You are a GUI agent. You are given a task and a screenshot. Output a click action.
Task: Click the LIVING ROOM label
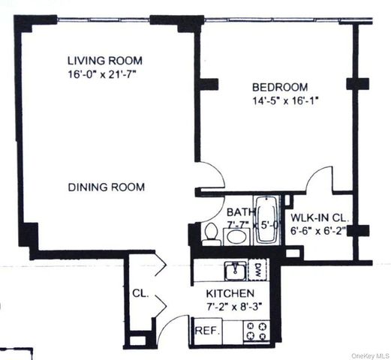click(105, 61)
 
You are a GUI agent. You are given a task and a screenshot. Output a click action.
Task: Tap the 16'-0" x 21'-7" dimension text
click(103, 75)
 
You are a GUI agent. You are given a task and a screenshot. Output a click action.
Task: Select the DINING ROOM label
click(107, 187)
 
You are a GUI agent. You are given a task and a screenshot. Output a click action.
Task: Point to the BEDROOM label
click(280, 87)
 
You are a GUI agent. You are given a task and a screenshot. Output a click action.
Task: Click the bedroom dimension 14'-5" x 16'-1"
click(285, 101)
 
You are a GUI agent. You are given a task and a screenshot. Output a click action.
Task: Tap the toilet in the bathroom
click(211, 234)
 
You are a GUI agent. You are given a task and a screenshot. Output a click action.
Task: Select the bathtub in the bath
click(267, 220)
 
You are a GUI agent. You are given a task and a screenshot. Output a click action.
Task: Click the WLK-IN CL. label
click(320, 218)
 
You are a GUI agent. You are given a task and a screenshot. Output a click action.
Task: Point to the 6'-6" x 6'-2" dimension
click(318, 231)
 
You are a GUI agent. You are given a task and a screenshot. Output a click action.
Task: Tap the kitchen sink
click(236, 271)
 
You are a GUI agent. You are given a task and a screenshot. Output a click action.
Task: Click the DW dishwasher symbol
click(258, 270)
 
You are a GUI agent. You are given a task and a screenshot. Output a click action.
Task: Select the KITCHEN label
click(230, 293)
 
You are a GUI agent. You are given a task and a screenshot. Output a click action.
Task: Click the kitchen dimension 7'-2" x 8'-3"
click(234, 307)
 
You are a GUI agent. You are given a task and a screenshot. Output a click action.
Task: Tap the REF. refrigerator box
click(208, 331)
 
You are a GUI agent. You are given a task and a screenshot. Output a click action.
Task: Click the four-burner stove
click(257, 331)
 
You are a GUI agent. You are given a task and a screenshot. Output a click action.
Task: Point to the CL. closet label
click(140, 293)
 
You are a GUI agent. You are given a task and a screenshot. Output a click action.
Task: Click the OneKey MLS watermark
click(370, 355)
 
